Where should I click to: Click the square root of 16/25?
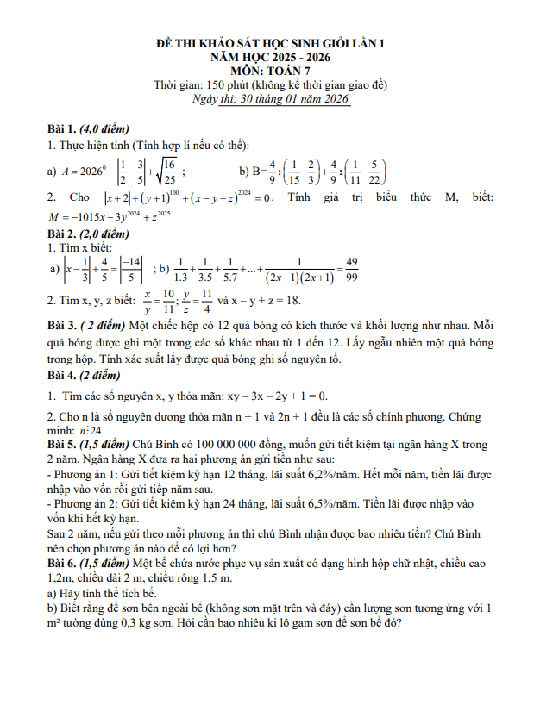165,171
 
